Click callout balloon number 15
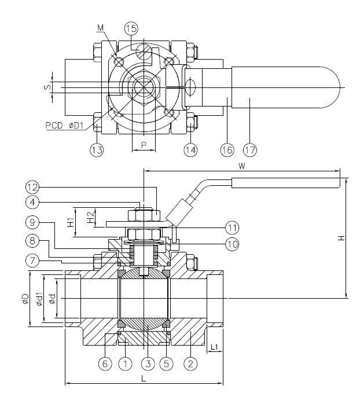pyautogui.click(x=131, y=28)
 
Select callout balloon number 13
pyautogui.click(x=97, y=150)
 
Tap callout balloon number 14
pyautogui.click(x=191, y=150)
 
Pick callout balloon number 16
pyautogui.click(x=226, y=150)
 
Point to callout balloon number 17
pyautogui.click(x=249, y=150)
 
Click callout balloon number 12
pyautogui.click(x=32, y=187)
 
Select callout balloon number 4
pyautogui.click(x=32, y=203)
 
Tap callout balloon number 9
pyautogui.click(x=32, y=222)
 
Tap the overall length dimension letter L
pyautogui.click(x=144, y=377)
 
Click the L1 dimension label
pyautogui.click(x=214, y=347)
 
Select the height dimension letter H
pyautogui.click(x=341, y=238)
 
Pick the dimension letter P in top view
pyautogui.click(x=143, y=145)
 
